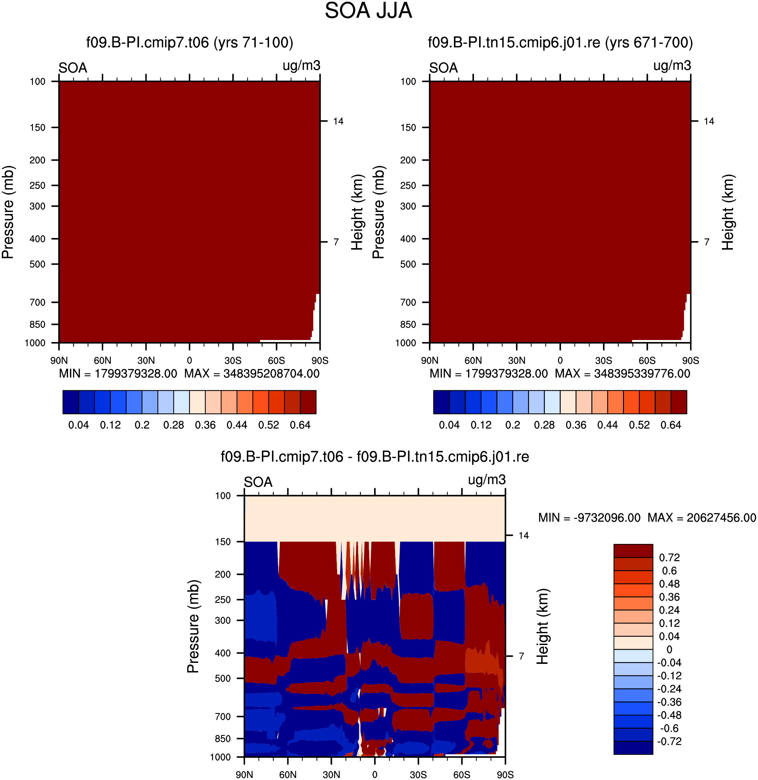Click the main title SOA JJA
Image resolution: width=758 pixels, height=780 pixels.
point(368,11)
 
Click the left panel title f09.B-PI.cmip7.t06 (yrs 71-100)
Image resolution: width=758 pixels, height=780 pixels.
point(190,42)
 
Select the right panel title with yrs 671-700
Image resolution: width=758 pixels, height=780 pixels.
point(560,42)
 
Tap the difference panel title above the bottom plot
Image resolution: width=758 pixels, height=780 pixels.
point(374,457)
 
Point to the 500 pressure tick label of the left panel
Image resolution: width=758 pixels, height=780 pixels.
point(37,264)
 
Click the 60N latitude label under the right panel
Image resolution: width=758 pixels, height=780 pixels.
point(473,361)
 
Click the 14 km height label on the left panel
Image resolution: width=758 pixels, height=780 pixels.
point(338,121)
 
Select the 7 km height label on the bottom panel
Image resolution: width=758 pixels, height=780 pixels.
point(521,656)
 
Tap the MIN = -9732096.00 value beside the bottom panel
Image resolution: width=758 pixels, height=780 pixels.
point(589,518)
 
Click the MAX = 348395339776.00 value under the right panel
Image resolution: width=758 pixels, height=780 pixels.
point(623,374)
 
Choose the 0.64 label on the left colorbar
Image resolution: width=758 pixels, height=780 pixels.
point(300,425)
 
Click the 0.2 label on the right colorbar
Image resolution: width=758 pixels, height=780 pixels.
point(513,425)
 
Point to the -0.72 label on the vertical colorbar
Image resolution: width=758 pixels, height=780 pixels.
point(669,741)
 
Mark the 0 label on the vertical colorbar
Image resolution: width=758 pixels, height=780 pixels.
point(669,649)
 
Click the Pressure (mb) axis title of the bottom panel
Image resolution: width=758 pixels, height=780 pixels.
point(193,626)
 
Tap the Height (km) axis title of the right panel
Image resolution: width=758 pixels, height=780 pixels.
point(728,212)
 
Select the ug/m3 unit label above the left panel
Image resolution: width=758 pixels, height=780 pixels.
point(301,66)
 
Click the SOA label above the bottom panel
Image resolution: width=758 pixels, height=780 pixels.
point(258,482)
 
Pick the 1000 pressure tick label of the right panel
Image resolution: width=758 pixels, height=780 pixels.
point(405,343)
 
